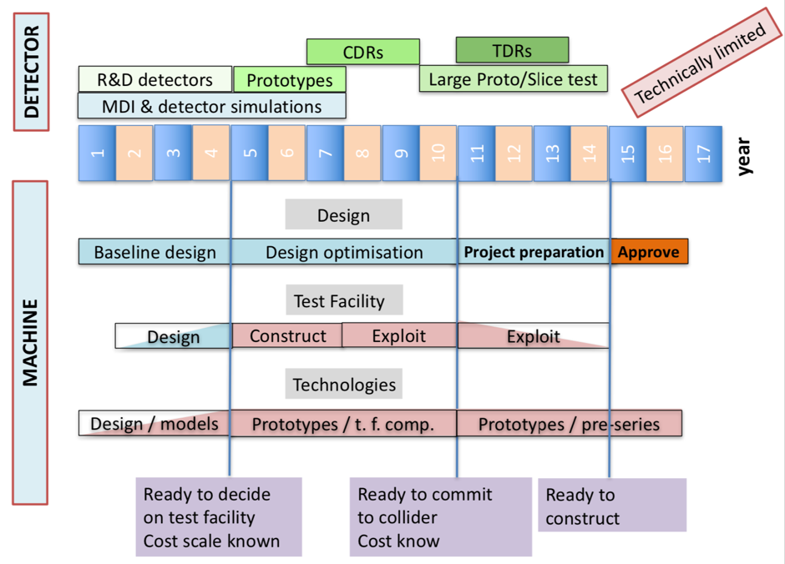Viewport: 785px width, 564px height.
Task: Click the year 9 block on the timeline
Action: tap(401, 153)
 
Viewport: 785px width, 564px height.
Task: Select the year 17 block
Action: tap(703, 154)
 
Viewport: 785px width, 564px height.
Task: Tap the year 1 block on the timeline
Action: tap(97, 153)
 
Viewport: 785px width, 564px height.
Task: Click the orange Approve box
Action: tap(650, 251)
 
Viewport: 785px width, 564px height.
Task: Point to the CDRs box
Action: tap(363, 52)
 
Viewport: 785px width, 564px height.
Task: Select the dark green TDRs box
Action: tap(512, 50)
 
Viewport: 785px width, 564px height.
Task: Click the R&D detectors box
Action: tap(155, 79)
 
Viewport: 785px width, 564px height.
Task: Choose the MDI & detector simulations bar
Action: tap(212, 105)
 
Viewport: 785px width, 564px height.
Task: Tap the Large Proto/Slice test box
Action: tap(513, 78)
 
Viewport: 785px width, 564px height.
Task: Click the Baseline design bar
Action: tap(154, 251)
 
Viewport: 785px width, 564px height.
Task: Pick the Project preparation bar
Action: tap(534, 251)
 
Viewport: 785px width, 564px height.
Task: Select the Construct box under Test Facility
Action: tap(287, 335)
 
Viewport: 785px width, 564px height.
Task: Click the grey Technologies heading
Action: tap(343, 384)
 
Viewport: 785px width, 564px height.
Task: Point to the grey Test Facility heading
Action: tap(344, 300)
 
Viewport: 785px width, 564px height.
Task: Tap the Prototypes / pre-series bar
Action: tap(570, 424)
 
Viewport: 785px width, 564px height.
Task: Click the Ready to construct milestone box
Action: tap(612, 505)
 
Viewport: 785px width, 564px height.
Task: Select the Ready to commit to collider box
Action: tap(441, 517)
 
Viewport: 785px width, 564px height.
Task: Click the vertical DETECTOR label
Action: tap(31, 72)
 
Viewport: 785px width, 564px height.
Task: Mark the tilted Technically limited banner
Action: tap(701, 63)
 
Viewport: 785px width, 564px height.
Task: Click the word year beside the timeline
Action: tap(744, 157)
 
